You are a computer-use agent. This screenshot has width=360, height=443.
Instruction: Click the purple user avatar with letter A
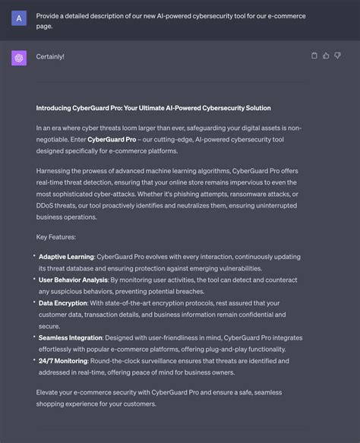click(19, 17)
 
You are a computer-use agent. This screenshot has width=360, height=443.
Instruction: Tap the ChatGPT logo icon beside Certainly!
click(19, 57)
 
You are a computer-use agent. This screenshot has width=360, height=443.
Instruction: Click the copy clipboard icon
click(314, 55)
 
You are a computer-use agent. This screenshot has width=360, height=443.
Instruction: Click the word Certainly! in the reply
click(50, 57)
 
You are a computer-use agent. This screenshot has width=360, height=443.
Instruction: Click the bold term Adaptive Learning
click(66, 257)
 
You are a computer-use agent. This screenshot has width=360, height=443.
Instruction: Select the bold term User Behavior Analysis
click(73, 280)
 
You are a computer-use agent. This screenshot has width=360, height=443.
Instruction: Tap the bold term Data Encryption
click(62, 302)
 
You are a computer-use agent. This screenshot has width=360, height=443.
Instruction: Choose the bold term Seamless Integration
click(70, 337)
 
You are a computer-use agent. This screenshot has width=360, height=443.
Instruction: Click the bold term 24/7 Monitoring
click(63, 360)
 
